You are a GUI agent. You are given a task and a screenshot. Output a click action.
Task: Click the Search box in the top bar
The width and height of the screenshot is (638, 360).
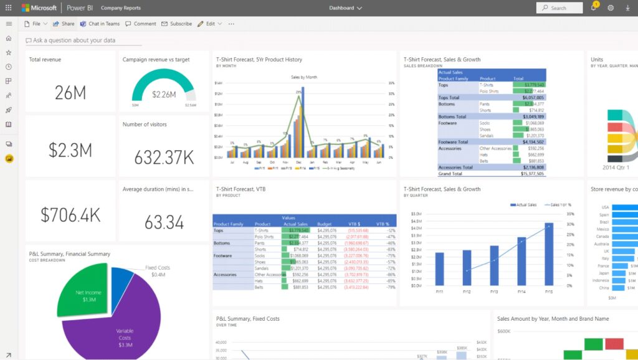(559, 8)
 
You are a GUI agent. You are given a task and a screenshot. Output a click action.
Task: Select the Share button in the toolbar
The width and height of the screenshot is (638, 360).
(64, 24)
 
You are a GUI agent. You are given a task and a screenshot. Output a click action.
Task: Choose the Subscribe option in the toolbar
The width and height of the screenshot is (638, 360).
(177, 24)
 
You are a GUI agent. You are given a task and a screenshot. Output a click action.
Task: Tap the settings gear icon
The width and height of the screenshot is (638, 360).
(611, 8)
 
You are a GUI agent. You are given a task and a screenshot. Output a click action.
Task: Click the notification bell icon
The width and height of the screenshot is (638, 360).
(593, 8)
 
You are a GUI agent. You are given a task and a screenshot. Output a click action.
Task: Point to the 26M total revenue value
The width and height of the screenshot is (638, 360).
(70, 93)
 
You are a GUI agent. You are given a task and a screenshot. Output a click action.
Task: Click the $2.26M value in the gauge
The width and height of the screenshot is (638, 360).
(164, 95)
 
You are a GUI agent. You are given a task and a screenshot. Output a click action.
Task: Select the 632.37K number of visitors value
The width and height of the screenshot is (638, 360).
(164, 157)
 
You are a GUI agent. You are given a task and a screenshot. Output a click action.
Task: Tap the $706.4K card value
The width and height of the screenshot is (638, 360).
(70, 214)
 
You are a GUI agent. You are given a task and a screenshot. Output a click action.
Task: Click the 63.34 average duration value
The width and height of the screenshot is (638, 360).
(164, 222)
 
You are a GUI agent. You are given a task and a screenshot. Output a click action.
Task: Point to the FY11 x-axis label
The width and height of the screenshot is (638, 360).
(439, 291)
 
